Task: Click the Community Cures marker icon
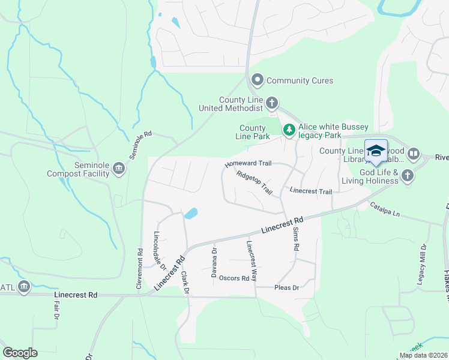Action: [x=258, y=80]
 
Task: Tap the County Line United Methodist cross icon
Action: [x=272, y=103]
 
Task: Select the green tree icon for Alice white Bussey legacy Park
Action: [x=289, y=130]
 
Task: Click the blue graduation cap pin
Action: [x=376, y=151]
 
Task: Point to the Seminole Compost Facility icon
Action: [x=118, y=169]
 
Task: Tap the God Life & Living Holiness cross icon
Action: [x=408, y=176]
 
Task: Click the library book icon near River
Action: [x=413, y=154]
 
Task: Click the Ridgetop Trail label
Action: [x=255, y=183]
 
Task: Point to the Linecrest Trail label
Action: [x=310, y=191]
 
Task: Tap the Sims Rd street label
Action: [x=295, y=238]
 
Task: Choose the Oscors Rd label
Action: [x=234, y=278]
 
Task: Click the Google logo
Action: [x=20, y=353]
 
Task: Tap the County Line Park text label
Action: [x=253, y=132]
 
